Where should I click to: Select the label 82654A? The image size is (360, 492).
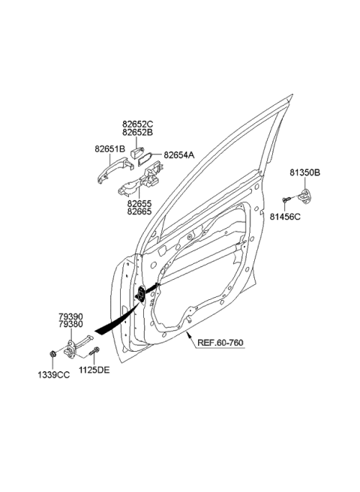178,154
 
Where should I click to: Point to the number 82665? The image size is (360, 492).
139,213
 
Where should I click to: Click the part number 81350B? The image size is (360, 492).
305,172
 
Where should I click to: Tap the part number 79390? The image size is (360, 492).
72,316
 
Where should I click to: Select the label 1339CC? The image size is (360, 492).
55,372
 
